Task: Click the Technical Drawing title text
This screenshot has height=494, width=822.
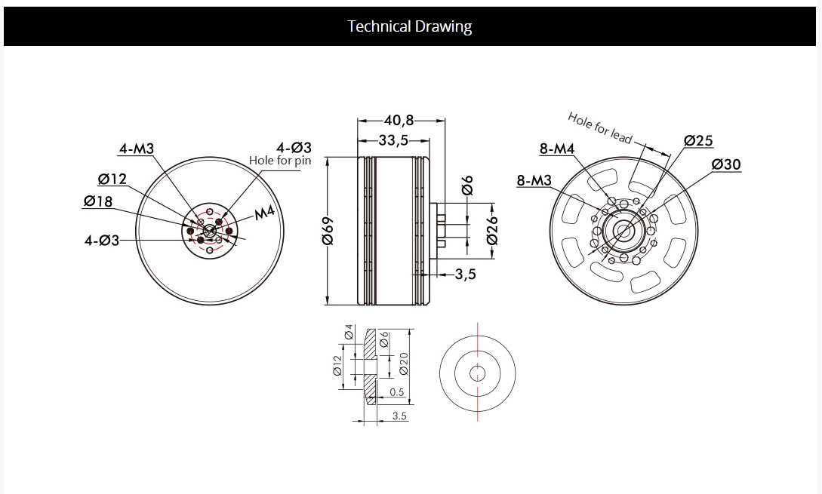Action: [409, 26]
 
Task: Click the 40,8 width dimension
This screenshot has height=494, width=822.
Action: [399, 121]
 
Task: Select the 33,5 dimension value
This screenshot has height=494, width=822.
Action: [393, 140]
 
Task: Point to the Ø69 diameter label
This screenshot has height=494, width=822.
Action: [328, 231]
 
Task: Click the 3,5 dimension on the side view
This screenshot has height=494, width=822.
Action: [465, 274]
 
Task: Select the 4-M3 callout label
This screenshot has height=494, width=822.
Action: [137, 149]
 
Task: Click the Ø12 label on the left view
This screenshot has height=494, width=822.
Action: [112, 179]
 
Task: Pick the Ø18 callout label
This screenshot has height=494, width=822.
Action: [98, 201]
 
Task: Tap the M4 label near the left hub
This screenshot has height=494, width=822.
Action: [265, 212]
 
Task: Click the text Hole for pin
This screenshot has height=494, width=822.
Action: [280, 161]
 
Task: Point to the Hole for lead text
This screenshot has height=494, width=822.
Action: [600, 127]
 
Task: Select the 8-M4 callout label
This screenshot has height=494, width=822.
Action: [557, 149]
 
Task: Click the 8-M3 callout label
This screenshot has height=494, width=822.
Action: [534, 180]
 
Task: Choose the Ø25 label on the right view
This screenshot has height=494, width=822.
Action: [698, 140]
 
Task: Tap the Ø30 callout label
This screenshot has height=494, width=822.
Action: [727, 164]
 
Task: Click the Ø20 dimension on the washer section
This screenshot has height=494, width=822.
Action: [403, 363]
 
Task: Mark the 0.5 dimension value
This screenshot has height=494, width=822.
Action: [397, 392]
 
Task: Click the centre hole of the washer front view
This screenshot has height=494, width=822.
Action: [477, 373]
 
